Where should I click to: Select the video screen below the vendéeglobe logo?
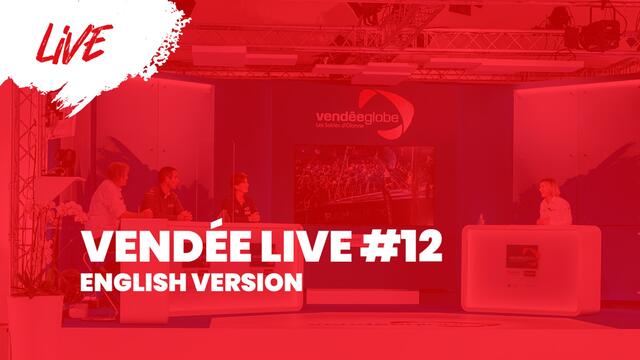coord(362,180)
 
